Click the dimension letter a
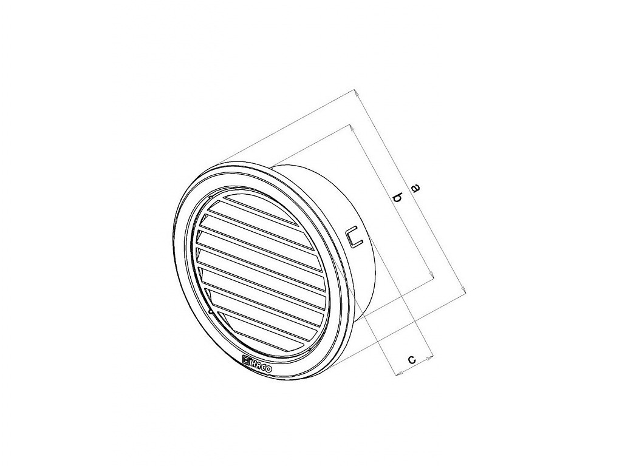(415, 188)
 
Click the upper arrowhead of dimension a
(356, 93)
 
